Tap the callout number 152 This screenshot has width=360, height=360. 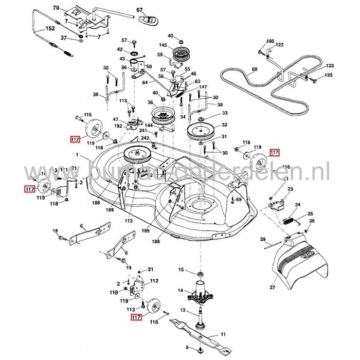[50, 29]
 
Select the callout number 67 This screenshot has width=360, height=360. [139, 10]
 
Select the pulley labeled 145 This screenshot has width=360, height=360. [181, 53]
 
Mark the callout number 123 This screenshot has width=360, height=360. [330, 66]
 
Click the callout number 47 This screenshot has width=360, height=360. [116, 119]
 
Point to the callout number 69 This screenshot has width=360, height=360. [239, 199]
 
